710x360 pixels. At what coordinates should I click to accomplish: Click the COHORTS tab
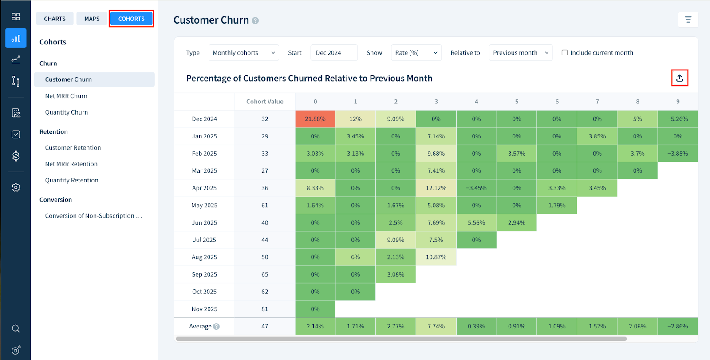click(x=131, y=19)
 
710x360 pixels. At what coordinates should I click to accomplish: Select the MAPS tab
click(x=92, y=19)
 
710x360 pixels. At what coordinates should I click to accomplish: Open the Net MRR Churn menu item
click(x=66, y=96)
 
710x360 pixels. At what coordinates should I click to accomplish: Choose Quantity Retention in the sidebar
click(x=71, y=180)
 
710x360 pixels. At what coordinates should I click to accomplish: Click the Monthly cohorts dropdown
click(x=244, y=53)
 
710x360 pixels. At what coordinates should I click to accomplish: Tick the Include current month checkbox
click(x=564, y=53)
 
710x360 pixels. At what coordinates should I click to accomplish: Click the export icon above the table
click(x=679, y=78)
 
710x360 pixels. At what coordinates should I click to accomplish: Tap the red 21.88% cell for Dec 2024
click(x=315, y=119)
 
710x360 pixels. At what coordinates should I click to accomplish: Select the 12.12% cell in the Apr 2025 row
click(x=436, y=188)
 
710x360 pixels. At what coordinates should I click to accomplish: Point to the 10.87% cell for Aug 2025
click(x=436, y=257)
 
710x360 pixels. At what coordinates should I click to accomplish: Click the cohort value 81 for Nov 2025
click(x=264, y=309)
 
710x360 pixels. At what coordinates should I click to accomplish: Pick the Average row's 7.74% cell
click(x=436, y=326)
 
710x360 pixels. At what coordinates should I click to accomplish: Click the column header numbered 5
click(x=517, y=102)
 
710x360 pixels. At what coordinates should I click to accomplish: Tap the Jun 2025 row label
click(x=204, y=223)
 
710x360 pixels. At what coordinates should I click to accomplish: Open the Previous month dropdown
click(x=521, y=53)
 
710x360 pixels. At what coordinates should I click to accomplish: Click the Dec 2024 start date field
click(x=334, y=53)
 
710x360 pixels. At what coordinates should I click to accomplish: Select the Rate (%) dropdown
click(x=416, y=53)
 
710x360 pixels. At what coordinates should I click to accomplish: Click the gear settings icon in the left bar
click(x=16, y=187)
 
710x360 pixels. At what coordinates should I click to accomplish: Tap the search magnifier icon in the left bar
click(x=16, y=329)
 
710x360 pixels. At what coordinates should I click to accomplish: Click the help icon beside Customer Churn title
click(x=255, y=20)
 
